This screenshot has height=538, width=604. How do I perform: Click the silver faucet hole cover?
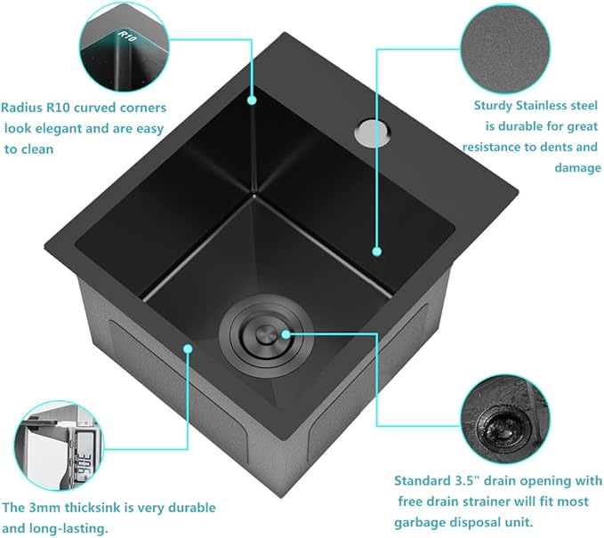(365, 132)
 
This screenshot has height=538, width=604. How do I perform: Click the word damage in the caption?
(579, 167)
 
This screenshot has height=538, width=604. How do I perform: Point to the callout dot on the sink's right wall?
(377, 253)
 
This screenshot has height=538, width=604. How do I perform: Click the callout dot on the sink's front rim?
(189, 348)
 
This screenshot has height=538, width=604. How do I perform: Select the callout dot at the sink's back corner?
(253, 100)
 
